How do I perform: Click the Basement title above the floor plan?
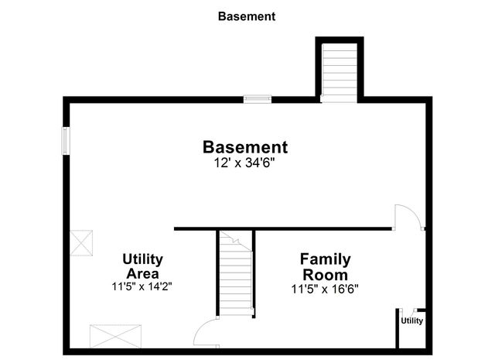(247, 15)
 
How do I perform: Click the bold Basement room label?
(245, 147)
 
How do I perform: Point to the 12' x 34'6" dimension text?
(245, 163)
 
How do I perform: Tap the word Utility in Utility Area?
(142, 259)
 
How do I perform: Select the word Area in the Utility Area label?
(142, 273)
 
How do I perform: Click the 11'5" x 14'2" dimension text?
(142, 286)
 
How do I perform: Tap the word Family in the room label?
(325, 259)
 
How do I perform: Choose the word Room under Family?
(325, 275)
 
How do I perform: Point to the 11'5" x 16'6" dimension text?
(325, 289)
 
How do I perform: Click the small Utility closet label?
(411, 321)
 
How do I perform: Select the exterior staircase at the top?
(339, 72)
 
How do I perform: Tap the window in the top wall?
(258, 98)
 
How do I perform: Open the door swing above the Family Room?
(408, 217)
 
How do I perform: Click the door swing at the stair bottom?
(205, 334)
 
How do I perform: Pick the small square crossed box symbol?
(82, 242)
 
